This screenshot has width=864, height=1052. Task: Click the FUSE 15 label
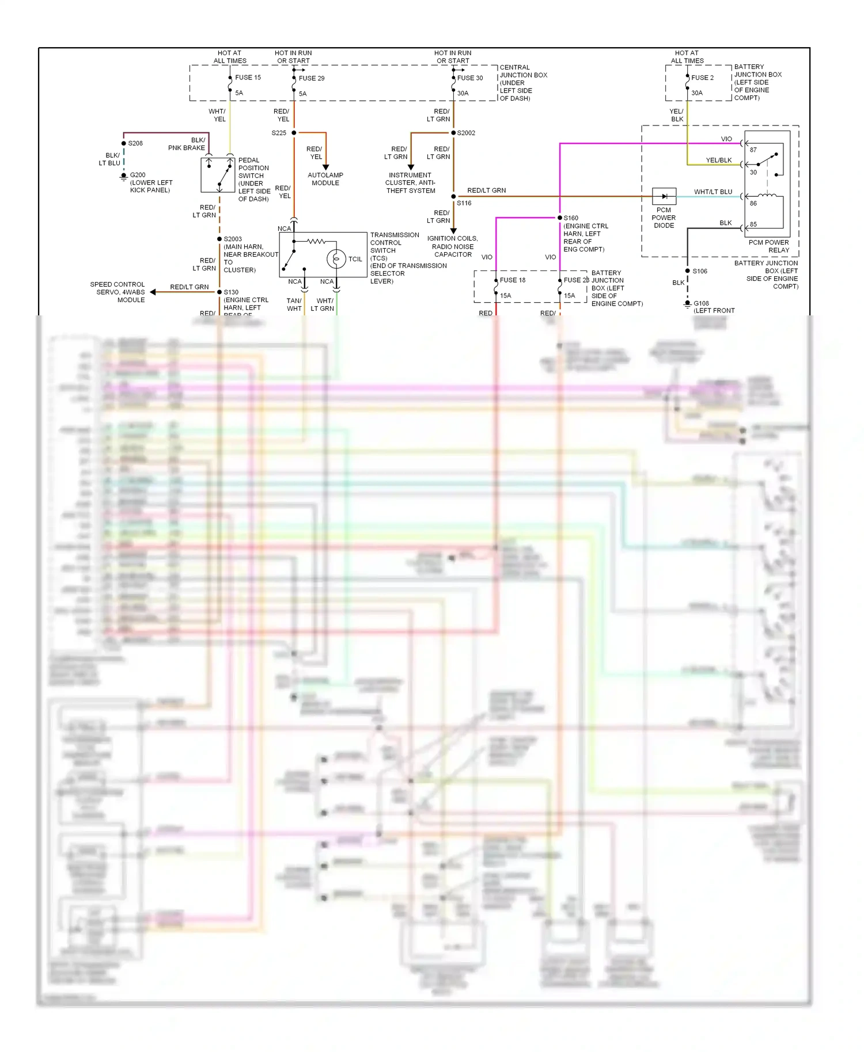point(248,78)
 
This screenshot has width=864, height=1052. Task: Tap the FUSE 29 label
point(312,78)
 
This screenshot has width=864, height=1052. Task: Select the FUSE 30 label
point(470,78)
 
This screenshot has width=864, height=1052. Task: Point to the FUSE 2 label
point(702,78)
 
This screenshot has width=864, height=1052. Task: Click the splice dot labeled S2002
point(453,133)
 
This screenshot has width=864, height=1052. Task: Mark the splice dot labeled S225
point(294,133)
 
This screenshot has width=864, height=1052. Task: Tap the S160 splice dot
point(560,218)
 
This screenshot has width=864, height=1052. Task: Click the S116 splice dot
point(453,196)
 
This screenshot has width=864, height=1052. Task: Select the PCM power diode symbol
point(664,196)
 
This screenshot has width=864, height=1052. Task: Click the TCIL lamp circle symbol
point(336,259)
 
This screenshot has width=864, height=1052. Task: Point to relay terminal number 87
point(753,150)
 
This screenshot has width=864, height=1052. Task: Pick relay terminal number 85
point(753,224)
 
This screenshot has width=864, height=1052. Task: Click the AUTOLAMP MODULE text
point(325,179)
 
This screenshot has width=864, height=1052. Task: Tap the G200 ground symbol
point(123,177)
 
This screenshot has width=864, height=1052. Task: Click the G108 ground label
point(701,303)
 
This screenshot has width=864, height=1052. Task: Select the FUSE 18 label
point(513,280)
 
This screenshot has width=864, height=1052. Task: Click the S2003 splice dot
point(219,239)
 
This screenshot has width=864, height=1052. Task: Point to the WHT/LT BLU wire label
point(713,192)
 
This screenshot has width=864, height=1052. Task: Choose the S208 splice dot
point(123,143)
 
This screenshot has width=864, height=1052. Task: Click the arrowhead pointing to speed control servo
point(153,292)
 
